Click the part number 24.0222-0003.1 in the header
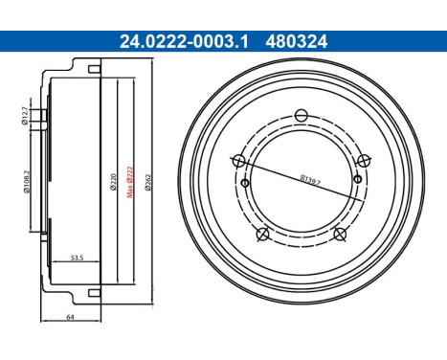click(x=169, y=41)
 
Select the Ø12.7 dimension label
click(x=26, y=119)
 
